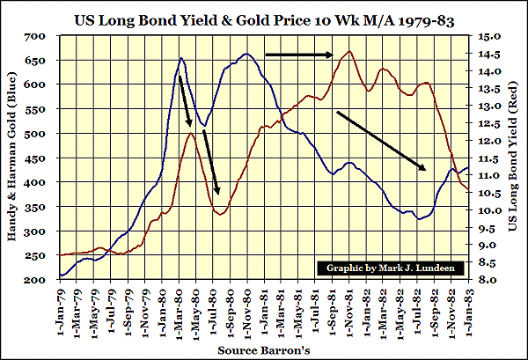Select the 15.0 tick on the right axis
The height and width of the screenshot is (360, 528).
(490, 37)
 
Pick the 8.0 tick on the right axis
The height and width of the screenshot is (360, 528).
(490, 280)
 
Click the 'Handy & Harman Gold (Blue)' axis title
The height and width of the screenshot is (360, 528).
(13, 158)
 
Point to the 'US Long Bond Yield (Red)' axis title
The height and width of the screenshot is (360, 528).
(515, 158)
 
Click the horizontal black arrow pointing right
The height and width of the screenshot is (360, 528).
(297, 55)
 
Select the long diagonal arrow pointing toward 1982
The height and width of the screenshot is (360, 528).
(383, 141)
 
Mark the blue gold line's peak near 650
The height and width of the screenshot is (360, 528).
(181, 59)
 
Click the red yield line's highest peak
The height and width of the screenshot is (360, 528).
(350, 51)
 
